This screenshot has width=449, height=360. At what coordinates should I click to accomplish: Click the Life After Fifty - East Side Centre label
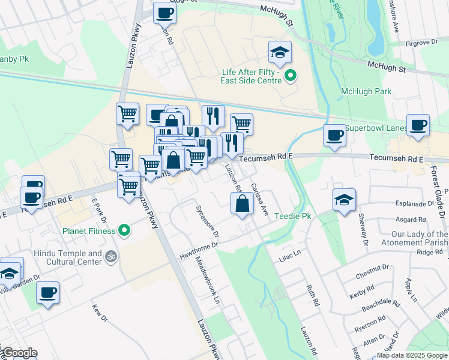coord(251,76)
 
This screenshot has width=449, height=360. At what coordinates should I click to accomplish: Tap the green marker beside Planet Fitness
coord(124,230)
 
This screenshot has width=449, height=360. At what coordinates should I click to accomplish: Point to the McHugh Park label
coord(366,92)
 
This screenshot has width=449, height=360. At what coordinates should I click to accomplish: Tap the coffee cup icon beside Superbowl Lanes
coord(334,135)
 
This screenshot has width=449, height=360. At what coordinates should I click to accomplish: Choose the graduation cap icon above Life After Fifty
coord(279,53)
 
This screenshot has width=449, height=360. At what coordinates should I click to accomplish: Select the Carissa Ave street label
coord(259,199)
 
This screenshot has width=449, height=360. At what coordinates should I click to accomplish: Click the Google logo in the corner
coord(19,353)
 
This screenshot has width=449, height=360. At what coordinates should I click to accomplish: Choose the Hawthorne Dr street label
coord(199,251)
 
